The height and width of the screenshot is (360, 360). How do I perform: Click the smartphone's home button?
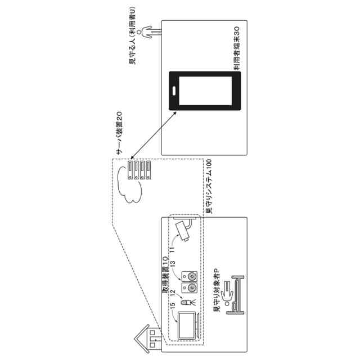[175, 91]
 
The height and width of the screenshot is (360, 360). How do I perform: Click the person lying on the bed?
[228, 293]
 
